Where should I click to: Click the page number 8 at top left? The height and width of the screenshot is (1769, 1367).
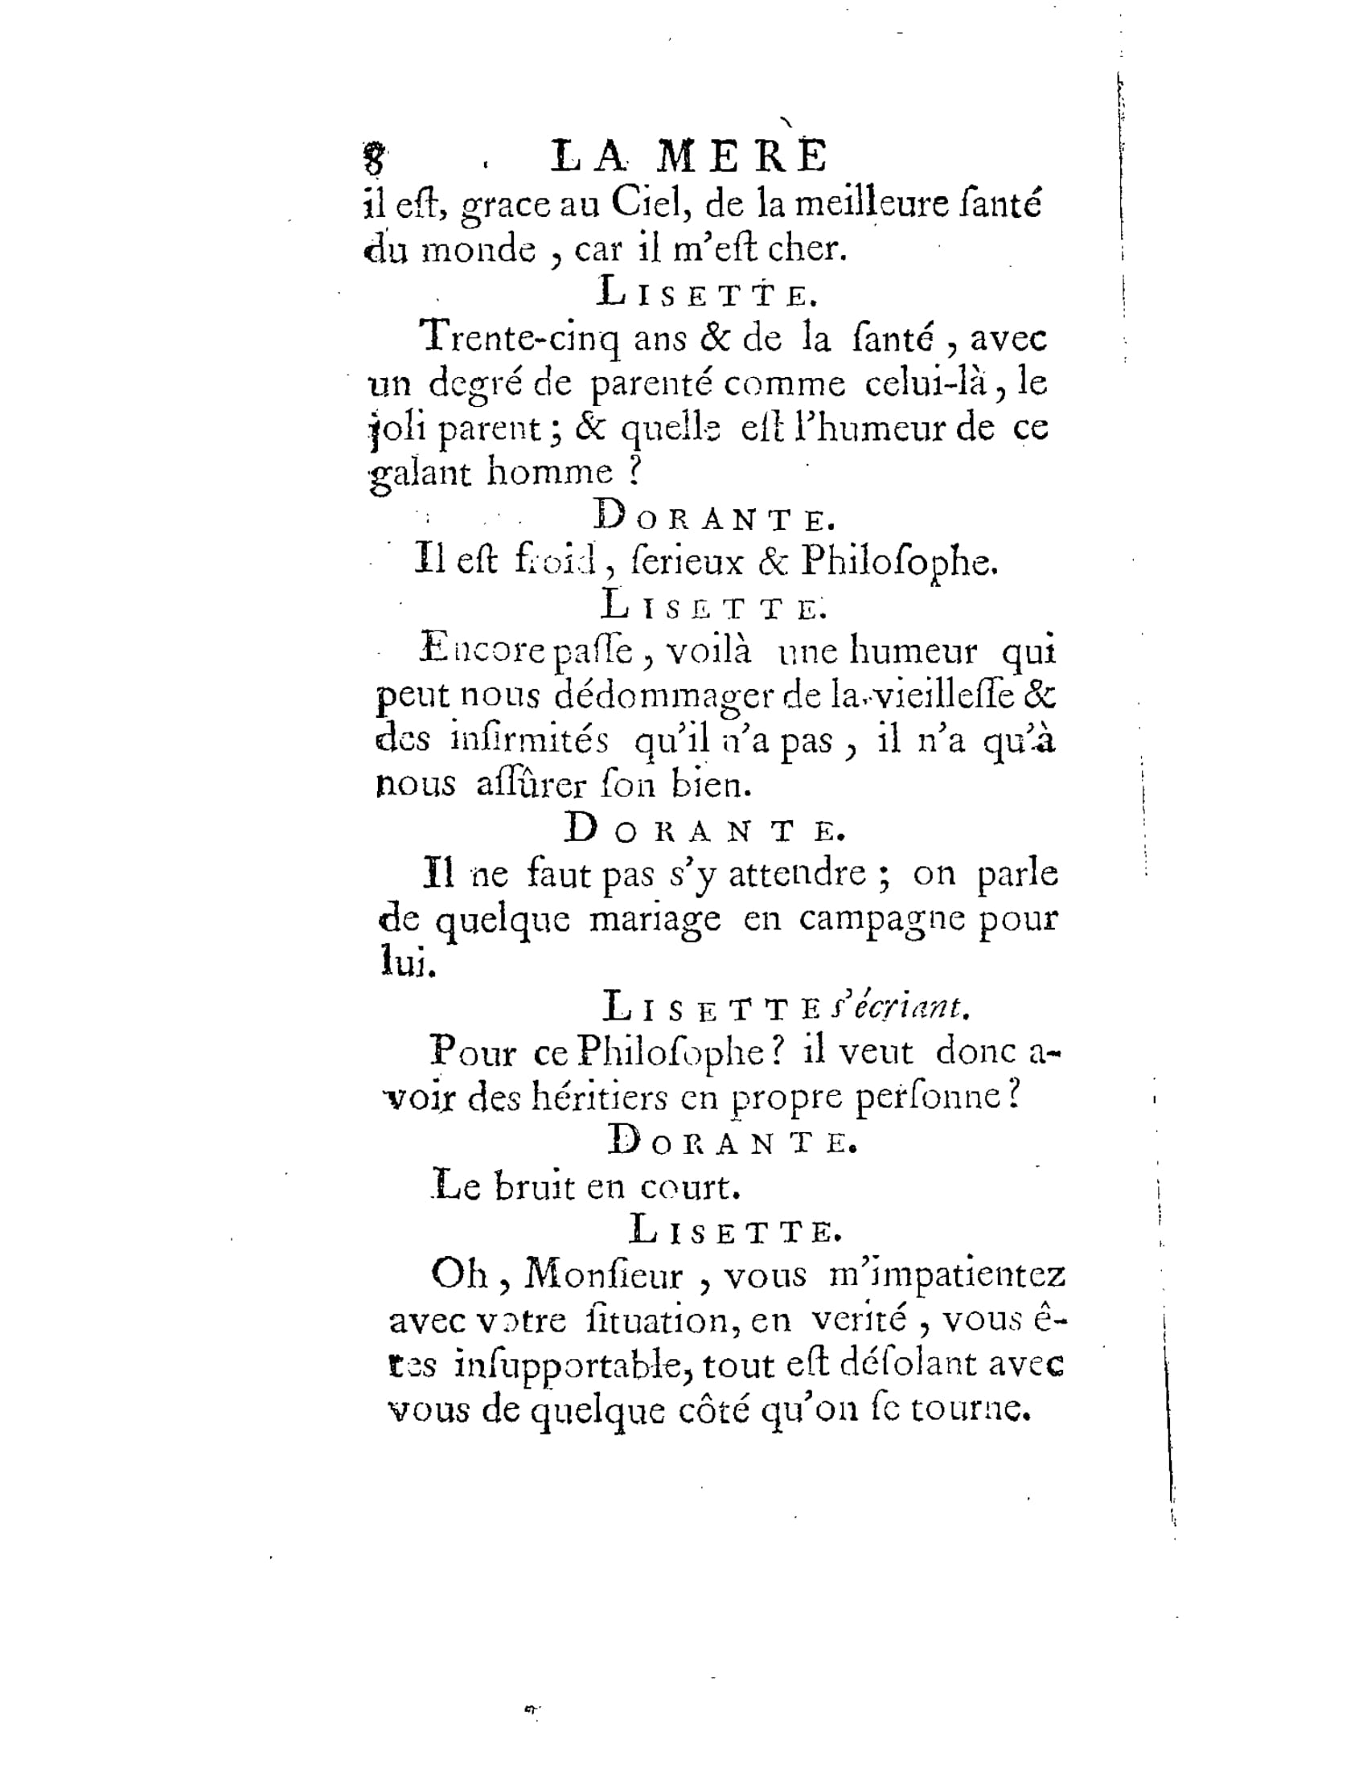coord(372,158)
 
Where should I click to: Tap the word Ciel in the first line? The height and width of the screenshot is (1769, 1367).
coord(648,204)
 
